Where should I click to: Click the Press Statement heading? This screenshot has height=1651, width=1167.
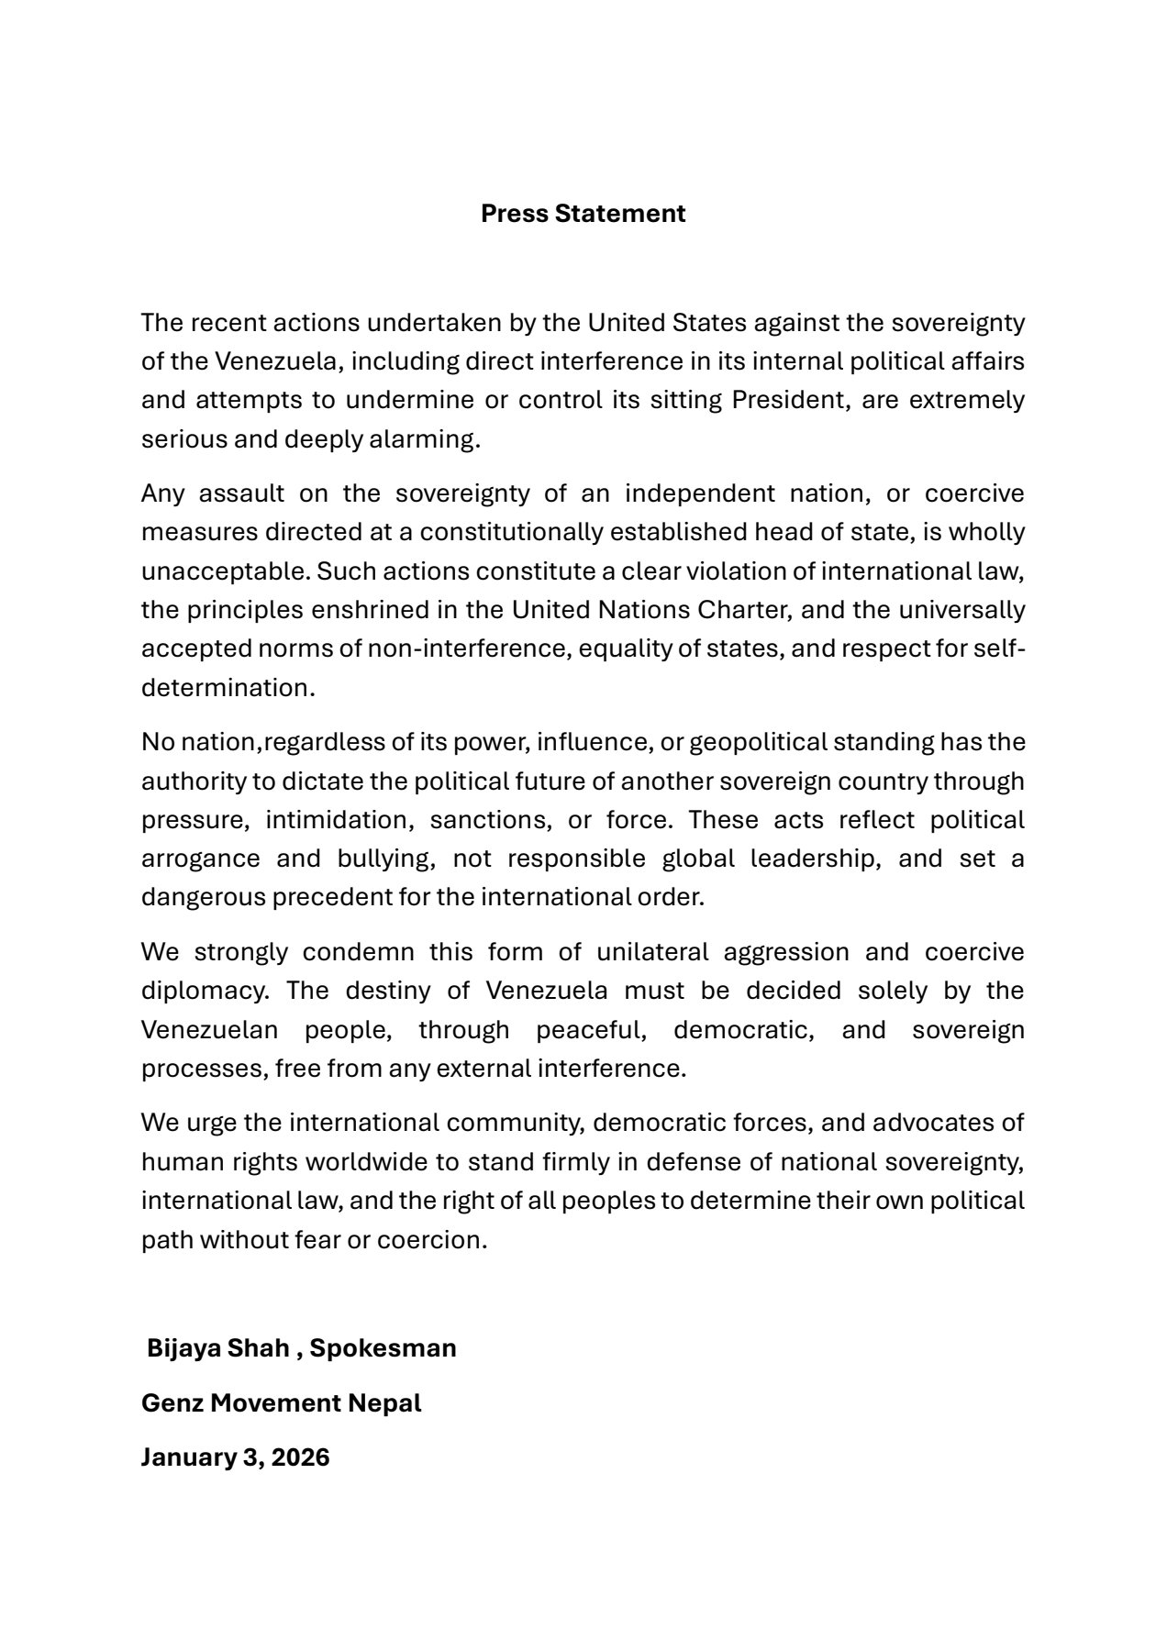[x=583, y=214]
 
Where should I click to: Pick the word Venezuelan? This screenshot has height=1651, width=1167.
[x=209, y=1030]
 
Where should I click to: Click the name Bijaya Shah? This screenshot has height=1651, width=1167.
[x=217, y=1348]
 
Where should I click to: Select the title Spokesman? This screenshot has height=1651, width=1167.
[x=383, y=1348]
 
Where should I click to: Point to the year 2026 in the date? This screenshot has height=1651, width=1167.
[x=300, y=1458]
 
